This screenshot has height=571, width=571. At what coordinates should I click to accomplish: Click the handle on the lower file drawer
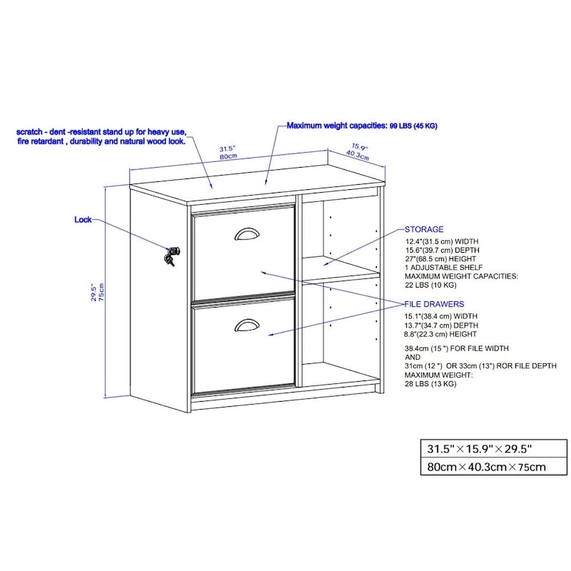pos(246,326)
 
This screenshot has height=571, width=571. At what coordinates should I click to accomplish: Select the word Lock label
pos(83,220)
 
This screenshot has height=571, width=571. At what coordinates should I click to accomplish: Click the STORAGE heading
pos(424,230)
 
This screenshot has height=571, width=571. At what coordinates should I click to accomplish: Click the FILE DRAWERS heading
pos(434,304)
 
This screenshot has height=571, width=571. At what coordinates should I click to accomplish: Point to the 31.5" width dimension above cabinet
pos(228,149)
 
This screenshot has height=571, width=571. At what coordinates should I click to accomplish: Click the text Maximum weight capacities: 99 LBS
pos(362,126)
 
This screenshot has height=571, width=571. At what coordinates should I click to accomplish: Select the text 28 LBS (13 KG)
pos(430,384)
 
